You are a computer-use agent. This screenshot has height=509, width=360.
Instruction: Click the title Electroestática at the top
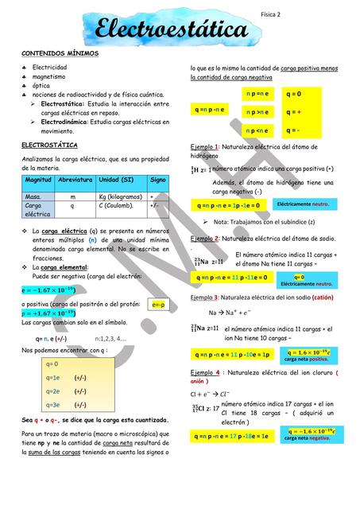click(x=171, y=31)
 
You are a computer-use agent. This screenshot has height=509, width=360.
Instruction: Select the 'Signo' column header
click(x=157, y=181)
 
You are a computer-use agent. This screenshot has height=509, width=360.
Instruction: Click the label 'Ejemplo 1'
click(x=208, y=149)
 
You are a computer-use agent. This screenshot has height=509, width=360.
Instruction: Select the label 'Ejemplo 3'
click(x=208, y=297)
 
